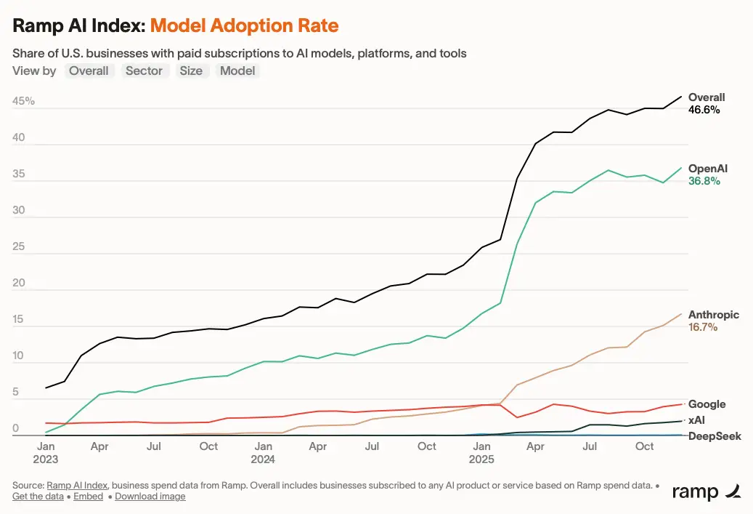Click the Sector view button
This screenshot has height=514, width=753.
144,71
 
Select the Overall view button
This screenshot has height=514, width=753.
89,71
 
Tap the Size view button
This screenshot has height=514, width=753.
191,71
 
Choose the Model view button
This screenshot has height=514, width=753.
237,71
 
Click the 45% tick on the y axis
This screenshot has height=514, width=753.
23,101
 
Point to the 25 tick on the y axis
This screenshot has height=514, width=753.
19,247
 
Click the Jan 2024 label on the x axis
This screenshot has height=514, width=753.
263,452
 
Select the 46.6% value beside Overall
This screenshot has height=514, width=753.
704,111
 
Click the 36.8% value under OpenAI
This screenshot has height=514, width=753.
704,182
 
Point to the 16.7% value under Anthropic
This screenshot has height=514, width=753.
702,328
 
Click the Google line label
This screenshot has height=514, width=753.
707,404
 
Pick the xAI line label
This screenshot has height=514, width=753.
698,420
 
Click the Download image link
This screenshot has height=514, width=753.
150,497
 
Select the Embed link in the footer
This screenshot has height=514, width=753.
88,497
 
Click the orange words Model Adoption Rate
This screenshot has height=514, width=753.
244,26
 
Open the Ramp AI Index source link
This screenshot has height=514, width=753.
77,485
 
